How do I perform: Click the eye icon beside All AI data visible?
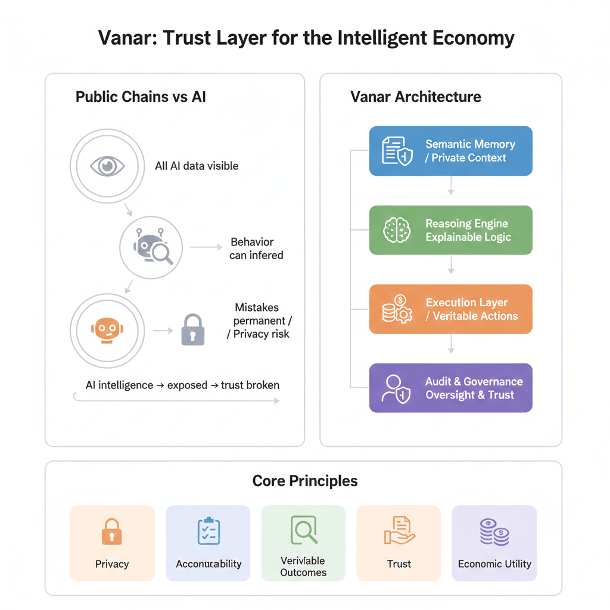pyautogui.click(x=107, y=166)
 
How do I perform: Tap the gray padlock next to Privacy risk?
pyautogui.click(x=192, y=329)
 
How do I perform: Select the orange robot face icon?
pyautogui.click(x=107, y=329)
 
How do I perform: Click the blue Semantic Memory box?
pyautogui.click(x=450, y=151)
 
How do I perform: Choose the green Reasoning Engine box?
pyautogui.click(x=450, y=230)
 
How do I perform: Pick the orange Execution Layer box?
pyautogui.click(x=450, y=309)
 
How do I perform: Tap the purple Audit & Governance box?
pyautogui.click(x=450, y=388)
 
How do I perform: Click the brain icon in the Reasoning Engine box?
pyautogui.click(x=396, y=230)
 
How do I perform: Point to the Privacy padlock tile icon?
pyautogui.click(x=111, y=531)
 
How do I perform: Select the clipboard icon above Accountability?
pyautogui.click(x=208, y=531)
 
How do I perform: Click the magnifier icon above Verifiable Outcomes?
pyautogui.click(x=303, y=529)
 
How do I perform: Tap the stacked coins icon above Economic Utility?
pyautogui.click(x=494, y=531)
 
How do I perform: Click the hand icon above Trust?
pyautogui.click(x=399, y=531)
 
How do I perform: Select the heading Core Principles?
pyautogui.click(x=305, y=481)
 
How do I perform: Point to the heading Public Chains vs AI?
pyautogui.click(x=141, y=97)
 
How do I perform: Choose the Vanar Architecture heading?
pyautogui.click(x=416, y=97)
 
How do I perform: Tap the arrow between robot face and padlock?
pyautogui.click(x=162, y=329)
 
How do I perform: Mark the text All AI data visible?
pyautogui.click(x=197, y=166)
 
